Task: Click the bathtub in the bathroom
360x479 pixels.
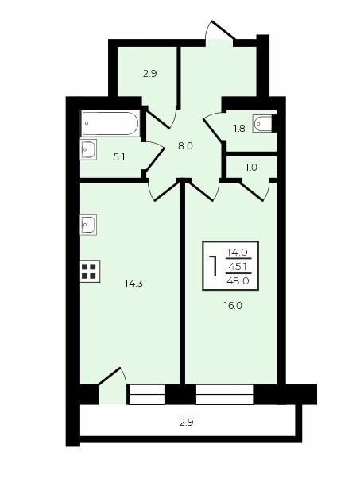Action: point(110,123)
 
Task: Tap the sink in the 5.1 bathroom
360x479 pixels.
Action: point(88,149)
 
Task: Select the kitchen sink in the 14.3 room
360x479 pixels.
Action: point(88,225)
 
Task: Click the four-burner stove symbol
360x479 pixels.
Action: point(90,271)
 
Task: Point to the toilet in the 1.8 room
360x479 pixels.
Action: point(262,124)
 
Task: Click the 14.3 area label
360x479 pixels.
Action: point(134,284)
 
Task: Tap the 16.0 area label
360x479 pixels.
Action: point(233,306)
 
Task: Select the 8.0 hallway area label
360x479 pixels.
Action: point(185,146)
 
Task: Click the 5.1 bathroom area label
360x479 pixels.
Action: point(119,157)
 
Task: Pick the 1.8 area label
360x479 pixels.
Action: point(239,129)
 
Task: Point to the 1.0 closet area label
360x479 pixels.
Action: point(251,168)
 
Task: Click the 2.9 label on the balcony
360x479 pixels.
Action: point(186,423)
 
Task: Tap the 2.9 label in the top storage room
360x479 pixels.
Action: point(149,74)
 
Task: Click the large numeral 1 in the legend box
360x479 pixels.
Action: point(214,266)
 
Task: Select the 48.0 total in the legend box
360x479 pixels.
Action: point(238,280)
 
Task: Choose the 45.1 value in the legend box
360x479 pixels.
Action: point(238,267)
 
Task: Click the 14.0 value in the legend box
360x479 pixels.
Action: point(238,253)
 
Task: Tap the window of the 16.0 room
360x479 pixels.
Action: point(225,394)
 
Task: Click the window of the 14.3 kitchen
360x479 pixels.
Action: point(147,394)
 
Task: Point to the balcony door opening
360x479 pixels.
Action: point(113,394)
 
